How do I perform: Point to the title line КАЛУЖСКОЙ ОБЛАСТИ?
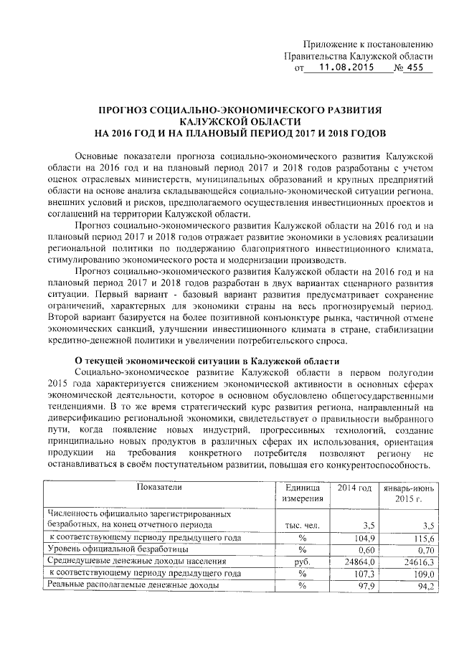241,122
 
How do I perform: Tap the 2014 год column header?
353,488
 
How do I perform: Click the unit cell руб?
302,562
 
